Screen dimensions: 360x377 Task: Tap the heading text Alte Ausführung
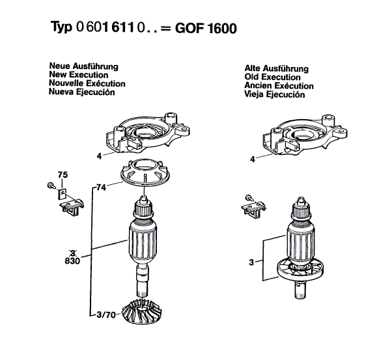pos(276,68)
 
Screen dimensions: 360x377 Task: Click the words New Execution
pos(77,75)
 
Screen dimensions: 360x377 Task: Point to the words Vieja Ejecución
pos(274,94)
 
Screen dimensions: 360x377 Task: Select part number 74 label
pos(100,187)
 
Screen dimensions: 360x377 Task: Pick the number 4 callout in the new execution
pos(99,156)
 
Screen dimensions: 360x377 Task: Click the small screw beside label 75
pos(51,187)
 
